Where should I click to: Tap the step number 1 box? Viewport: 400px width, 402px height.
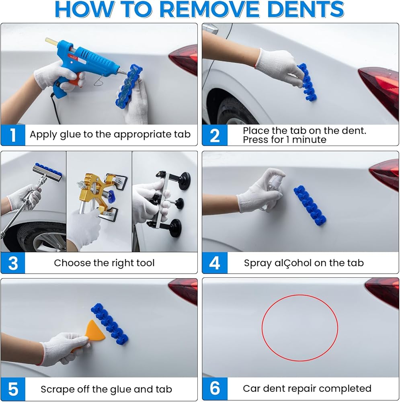13,135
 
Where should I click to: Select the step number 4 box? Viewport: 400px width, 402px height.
215,263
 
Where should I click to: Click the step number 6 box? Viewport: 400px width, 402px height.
215,388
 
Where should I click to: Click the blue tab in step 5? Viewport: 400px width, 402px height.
109,324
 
